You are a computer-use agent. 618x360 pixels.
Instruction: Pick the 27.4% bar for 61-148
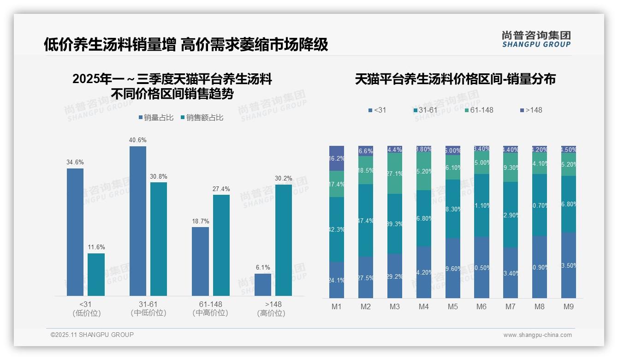click(x=221, y=245)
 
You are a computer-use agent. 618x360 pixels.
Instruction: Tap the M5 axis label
click(x=452, y=307)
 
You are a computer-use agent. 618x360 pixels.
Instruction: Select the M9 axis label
click(x=568, y=307)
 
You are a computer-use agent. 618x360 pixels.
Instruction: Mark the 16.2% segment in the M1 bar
click(x=337, y=158)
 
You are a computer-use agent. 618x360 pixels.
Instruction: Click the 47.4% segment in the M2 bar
click(x=366, y=220)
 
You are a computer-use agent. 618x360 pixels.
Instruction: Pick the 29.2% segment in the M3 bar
click(x=395, y=276)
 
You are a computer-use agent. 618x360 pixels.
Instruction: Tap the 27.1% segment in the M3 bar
click(x=395, y=173)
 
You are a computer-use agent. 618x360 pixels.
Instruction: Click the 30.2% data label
click(x=284, y=178)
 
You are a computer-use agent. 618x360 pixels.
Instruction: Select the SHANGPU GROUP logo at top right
click(x=536, y=39)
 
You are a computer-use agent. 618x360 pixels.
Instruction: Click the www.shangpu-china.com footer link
click(x=537, y=335)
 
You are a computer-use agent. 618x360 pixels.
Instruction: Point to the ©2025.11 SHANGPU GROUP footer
click(x=92, y=335)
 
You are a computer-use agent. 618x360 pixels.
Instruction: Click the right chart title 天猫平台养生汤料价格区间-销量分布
click(x=455, y=79)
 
